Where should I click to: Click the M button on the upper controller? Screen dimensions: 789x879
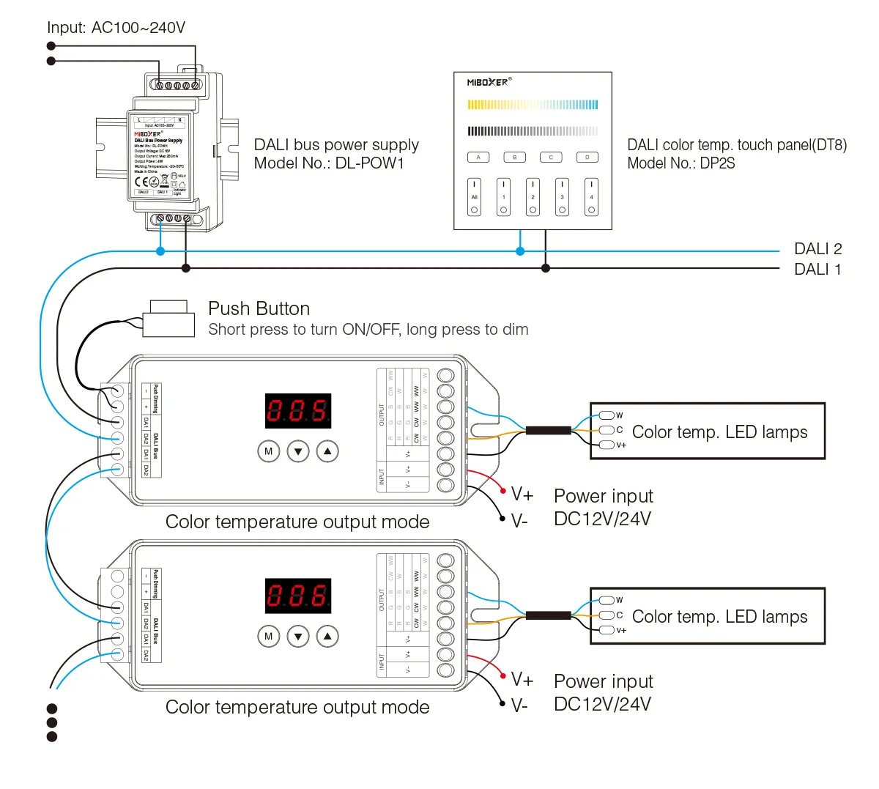click(269, 451)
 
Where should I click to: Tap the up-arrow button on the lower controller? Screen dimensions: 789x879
click(327, 637)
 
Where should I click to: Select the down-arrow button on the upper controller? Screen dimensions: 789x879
click(298, 451)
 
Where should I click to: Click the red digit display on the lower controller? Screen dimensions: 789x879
click(298, 596)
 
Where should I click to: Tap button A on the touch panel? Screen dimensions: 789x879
click(478, 158)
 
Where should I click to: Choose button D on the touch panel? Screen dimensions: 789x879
click(587, 158)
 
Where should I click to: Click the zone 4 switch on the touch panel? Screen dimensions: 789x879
click(591, 197)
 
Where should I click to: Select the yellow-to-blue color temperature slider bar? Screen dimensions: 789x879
click(533, 105)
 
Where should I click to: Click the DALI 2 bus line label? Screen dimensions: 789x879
click(817, 249)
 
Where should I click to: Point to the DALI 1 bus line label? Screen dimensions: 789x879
click(817, 270)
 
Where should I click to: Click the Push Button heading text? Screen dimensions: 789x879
click(259, 308)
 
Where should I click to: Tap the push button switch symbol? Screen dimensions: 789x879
click(169, 319)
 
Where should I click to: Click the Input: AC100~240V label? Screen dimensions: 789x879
click(116, 28)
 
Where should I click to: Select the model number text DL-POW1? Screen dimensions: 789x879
click(369, 163)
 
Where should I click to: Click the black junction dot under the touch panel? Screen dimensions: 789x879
click(546, 269)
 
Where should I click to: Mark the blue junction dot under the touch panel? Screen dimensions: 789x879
click(520, 251)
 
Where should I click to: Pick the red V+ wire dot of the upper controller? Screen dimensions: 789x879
click(503, 490)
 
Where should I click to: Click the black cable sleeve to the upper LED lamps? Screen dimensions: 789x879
click(548, 431)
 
